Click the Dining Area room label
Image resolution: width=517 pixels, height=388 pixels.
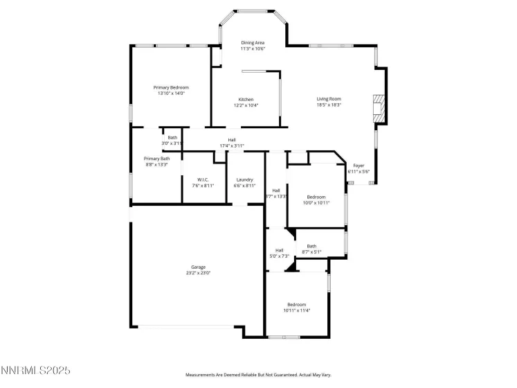tap(252, 42)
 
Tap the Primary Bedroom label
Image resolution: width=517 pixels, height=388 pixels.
tap(171, 87)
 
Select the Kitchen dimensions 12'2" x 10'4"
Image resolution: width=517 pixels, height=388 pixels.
tap(246, 105)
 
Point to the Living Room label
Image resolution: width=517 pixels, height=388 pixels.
tap(329, 99)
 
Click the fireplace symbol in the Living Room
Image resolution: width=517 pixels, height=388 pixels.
tap(377, 109)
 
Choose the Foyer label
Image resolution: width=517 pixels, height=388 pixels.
tap(359, 166)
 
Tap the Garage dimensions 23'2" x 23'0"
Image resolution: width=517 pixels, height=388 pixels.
tap(198, 273)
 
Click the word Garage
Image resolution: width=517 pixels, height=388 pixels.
tap(198, 267)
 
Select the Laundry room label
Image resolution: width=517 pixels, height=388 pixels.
tap(245, 179)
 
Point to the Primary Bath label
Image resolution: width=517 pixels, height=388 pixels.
tap(156, 159)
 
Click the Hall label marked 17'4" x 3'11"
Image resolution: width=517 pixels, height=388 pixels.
tap(232, 139)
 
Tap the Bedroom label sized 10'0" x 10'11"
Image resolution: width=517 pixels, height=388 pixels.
tap(316, 197)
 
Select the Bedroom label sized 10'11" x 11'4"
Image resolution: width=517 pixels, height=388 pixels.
tap(297, 304)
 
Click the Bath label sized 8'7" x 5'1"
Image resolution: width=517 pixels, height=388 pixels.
tap(311, 246)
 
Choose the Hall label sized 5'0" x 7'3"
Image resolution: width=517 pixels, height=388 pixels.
tap(280, 250)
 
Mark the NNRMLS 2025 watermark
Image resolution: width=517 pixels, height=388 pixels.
tap(35, 371)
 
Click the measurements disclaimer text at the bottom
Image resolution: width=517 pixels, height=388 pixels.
tap(258, 374)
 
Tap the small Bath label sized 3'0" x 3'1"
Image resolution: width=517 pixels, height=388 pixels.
tap(172, 137)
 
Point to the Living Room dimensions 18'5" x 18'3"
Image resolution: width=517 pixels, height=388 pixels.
tap(329, 105)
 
